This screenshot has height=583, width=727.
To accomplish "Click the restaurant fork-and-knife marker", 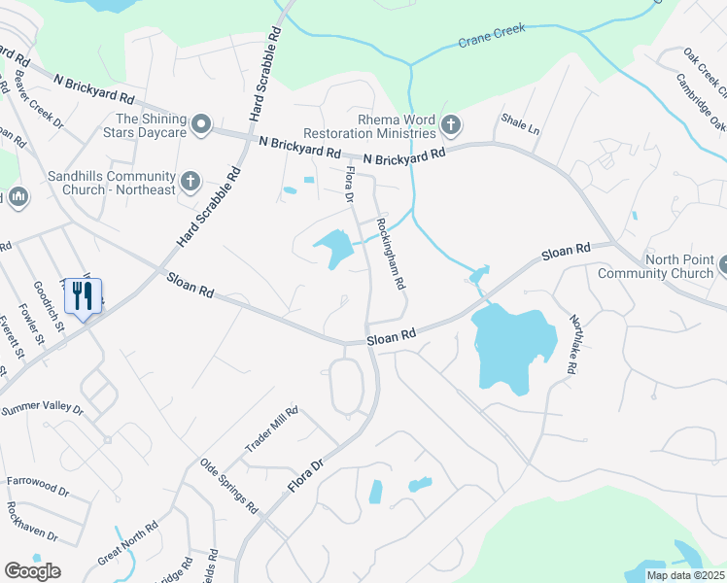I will pos(83,296).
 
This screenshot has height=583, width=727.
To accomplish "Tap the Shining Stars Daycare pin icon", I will pos(201,124).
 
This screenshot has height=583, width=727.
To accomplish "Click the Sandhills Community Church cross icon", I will pos(190,179).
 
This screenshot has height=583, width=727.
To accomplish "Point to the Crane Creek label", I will pos(492,37).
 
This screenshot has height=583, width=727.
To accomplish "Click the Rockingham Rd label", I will pos(391,252).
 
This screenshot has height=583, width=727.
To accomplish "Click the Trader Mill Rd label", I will pos(271,429).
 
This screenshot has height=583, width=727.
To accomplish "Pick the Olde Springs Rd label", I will pos(228,486).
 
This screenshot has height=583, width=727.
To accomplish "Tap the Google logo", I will pos(32,570).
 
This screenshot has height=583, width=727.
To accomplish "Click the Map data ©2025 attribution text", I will pos(685,575).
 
